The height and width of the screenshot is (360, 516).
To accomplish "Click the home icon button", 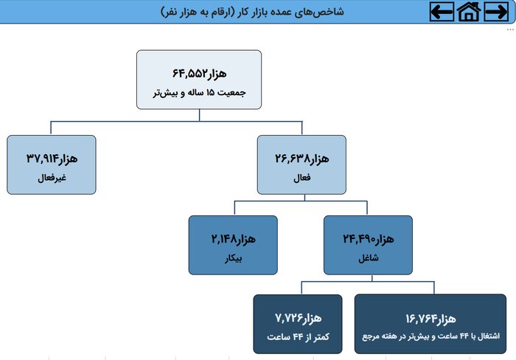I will tap(469, 12).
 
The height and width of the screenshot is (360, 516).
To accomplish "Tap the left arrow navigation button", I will tap(442, 12).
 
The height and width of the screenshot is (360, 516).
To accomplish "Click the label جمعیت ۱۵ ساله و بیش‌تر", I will tap(199, 94).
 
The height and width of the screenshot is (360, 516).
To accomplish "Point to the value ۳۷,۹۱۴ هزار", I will tap(52, 158).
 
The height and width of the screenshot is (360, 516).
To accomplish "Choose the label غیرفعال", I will tap(52, 179).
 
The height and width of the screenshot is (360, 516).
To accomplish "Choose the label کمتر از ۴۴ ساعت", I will tap(297, 337).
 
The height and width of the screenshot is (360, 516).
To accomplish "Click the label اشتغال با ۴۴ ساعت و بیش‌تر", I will tap(430, 337).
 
